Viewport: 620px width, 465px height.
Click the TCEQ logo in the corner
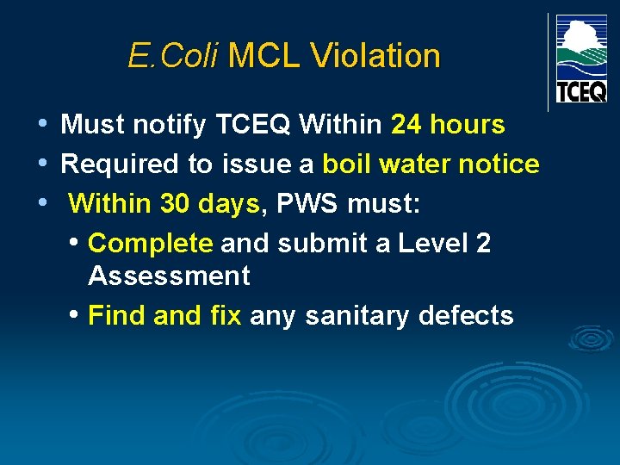pos(581,59)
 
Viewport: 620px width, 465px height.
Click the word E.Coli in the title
pos(174,57)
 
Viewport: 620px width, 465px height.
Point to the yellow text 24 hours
pos(448,125)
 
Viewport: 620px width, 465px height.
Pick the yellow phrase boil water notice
pos(431,164)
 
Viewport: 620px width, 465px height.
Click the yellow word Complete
pos(151,244)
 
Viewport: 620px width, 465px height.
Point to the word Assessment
pos(169,276)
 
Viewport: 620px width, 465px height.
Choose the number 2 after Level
pos(482,244)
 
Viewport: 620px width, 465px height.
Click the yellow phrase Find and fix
pos(164,316)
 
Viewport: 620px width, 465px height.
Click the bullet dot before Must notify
pos(43,125)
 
